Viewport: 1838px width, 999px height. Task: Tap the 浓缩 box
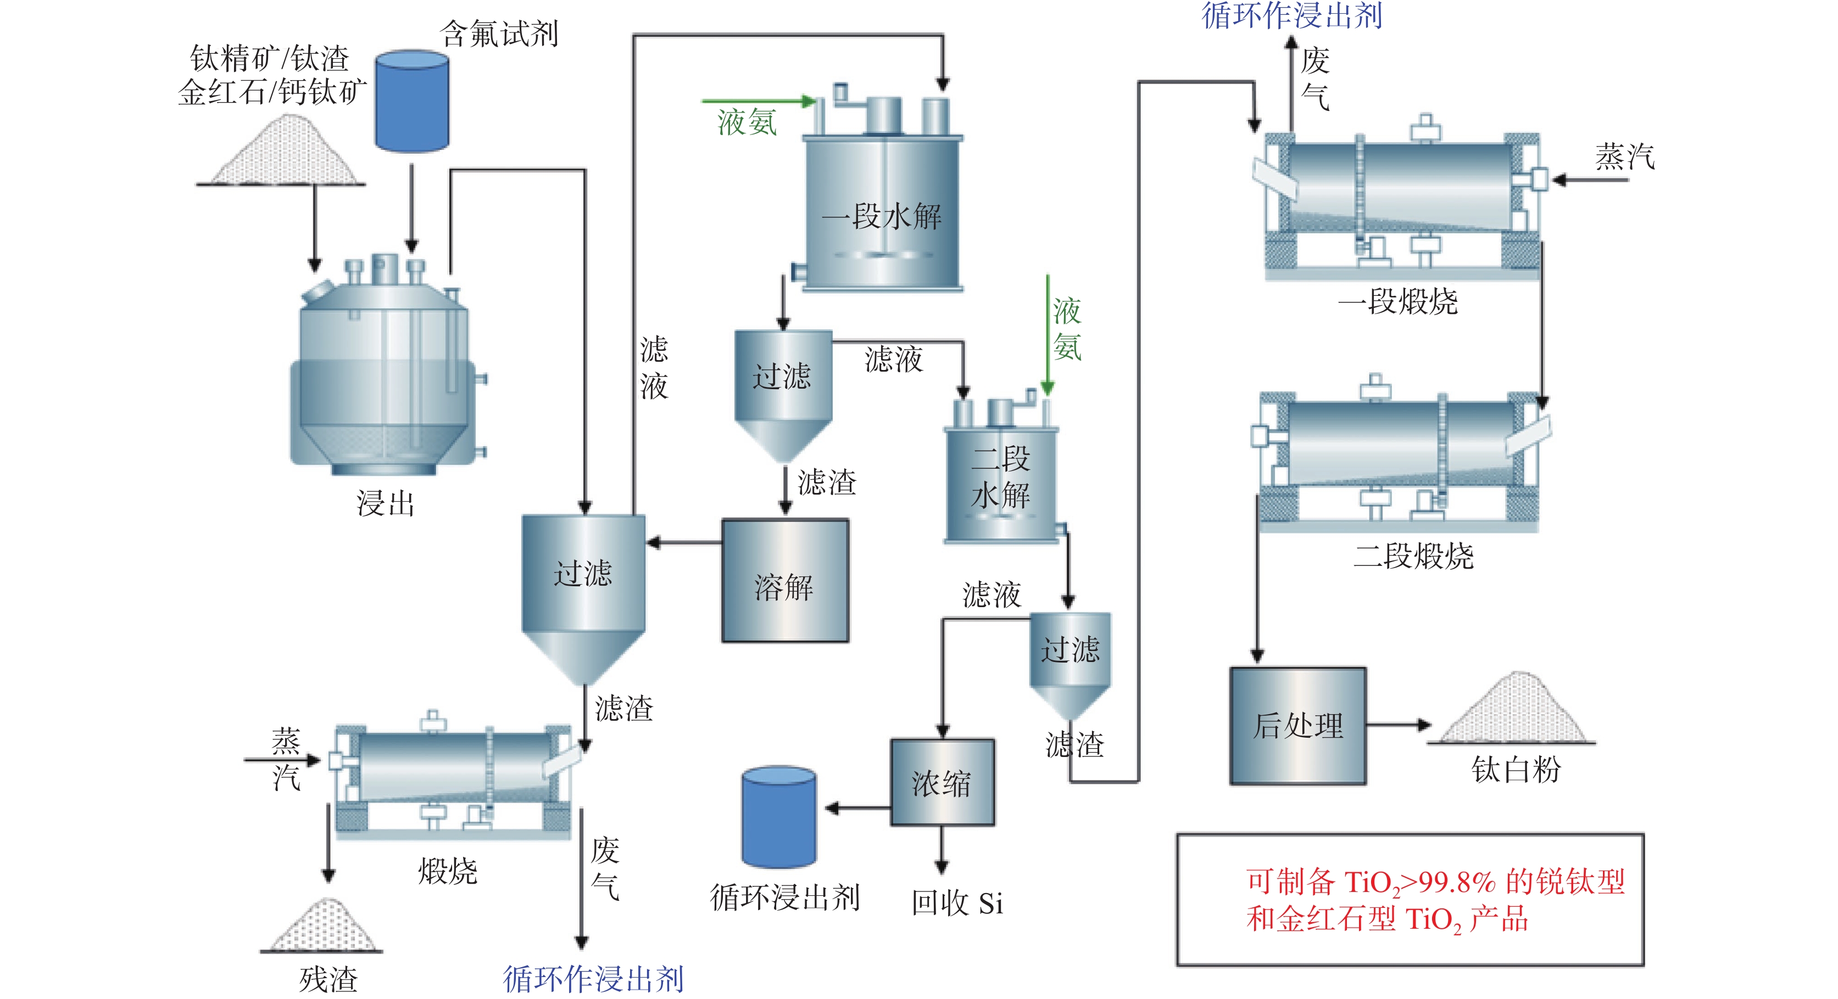point(942,782)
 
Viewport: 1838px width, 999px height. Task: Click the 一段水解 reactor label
point(882,216)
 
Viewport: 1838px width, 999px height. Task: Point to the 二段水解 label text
point(1001,476)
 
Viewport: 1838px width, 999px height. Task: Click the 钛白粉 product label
point(1516,770)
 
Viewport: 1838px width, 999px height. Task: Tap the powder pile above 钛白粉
point(1513,710)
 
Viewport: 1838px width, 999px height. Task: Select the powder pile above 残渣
point(321,925)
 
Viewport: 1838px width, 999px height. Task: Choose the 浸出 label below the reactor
point(385,503)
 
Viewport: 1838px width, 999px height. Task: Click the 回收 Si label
point(957,903)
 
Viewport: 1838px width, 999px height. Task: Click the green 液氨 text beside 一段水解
point(747,122)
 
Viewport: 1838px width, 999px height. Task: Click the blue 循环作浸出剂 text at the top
point(1292,16)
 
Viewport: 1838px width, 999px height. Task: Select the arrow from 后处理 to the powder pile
point(1399,725)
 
